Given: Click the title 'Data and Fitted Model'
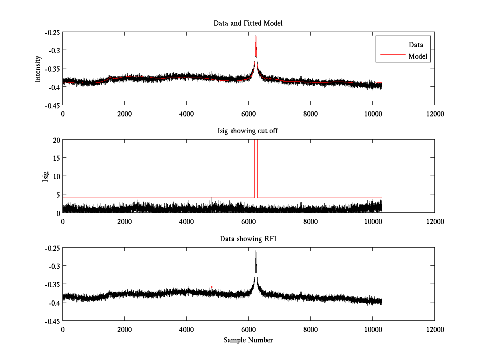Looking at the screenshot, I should tap(248, 23).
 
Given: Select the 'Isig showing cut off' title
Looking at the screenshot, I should tap(248, 131).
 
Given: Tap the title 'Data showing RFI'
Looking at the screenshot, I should tap(248, 239).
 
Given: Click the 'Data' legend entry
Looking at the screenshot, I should tap(416, 45).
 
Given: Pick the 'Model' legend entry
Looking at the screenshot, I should tap(418, 56).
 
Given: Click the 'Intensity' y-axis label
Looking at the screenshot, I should tap(38, 68).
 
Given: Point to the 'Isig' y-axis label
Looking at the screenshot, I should tap(46, 176).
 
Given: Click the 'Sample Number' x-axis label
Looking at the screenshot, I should tap(248, 340).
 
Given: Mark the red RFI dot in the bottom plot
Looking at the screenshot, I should tap(212, 287).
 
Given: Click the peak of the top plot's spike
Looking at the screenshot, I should tap(256, 36).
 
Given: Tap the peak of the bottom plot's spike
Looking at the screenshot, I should tap(256, 251).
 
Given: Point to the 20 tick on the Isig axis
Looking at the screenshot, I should tap(56, 140).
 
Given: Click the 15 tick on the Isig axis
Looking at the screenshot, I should tap(56, 158).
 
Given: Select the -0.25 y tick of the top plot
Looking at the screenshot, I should tap(52, 32).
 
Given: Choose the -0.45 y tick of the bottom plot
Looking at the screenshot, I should tap(52, 321).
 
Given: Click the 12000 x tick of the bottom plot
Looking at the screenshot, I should tap(434, 330).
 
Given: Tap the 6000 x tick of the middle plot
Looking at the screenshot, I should tap(248, 222).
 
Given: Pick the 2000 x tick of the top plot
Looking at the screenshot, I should tap(124, 114).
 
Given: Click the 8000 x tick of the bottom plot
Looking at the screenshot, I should tap(310, 330).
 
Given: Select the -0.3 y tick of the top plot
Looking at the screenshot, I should tap(54, 50).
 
